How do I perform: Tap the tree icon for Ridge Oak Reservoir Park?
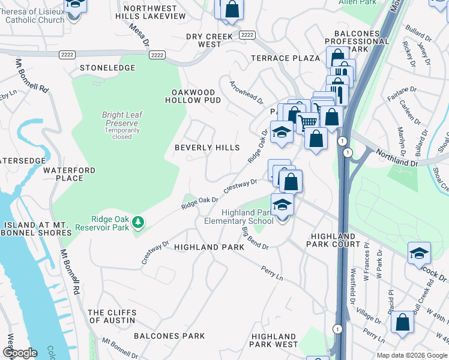tap(139, 223)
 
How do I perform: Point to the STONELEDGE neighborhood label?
tap(107, 68)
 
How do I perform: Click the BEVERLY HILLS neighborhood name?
tap(206, 148)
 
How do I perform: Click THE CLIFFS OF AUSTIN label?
tap(112, 316)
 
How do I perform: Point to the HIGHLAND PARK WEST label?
tap(274, 340)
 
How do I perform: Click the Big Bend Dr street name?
tap(255, 238)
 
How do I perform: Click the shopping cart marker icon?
tap(309, 121)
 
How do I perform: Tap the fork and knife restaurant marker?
tap(339, 92)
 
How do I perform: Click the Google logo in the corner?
tap(20, 353)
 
